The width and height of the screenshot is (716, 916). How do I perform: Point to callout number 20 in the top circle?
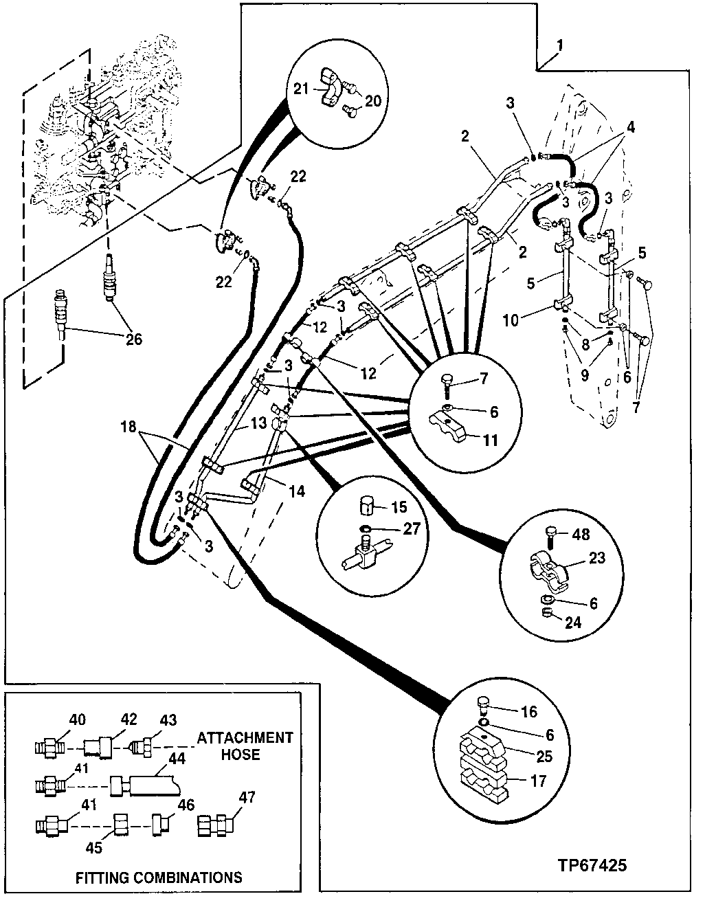tap(372, 101)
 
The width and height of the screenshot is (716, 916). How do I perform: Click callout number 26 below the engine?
tap(134, 339)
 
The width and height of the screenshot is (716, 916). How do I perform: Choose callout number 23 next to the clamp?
tap(596, 557)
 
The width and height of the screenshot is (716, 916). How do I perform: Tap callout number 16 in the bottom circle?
tap(529, 712)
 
